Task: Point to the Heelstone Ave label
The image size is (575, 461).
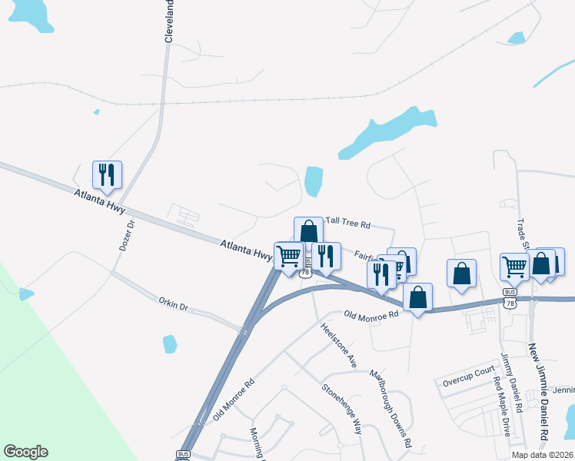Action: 339,344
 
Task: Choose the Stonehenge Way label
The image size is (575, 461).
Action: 342,410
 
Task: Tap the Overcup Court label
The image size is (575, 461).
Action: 469,371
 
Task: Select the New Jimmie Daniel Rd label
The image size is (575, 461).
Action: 537,393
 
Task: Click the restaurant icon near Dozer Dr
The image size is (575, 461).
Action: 107,175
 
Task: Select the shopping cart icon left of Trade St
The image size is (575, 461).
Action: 514,267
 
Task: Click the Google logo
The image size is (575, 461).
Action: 25,452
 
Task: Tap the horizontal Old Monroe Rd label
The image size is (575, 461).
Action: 371,314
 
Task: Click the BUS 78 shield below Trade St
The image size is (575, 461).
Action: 510,298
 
